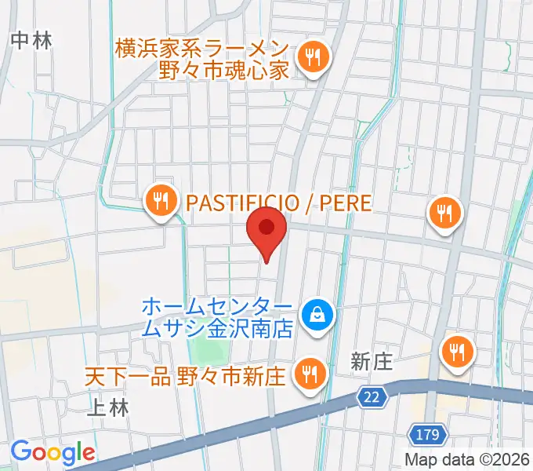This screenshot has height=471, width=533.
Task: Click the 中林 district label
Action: point(32,40)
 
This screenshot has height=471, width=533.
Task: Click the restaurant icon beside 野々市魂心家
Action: point(314,57)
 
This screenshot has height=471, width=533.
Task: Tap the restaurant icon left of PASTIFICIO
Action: point(161,201)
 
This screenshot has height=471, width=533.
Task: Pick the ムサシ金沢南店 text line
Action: point(217,327)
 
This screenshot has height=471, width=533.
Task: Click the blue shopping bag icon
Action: point(317,316)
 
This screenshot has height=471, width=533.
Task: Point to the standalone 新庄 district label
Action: point(371,361)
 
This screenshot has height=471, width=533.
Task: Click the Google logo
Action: point(52,452)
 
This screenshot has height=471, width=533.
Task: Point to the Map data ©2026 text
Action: point(467,459)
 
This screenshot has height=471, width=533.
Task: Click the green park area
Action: point(210,345)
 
